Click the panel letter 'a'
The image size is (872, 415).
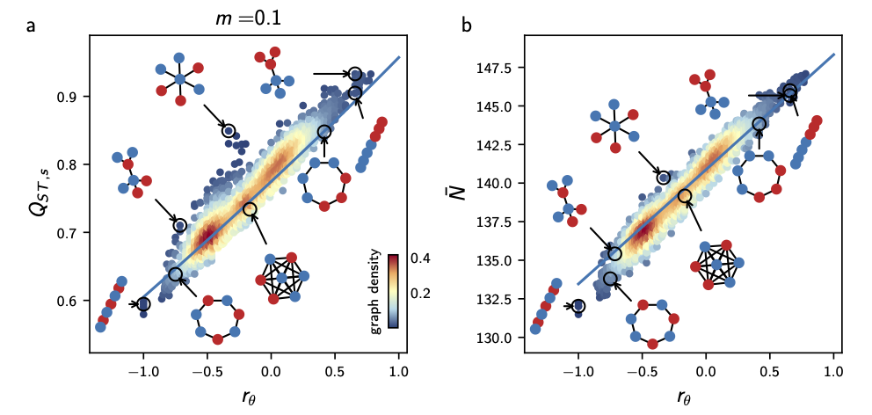coord(32,26)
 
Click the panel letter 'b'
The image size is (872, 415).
coord(466,26)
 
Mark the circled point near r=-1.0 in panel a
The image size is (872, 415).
coord(143,304)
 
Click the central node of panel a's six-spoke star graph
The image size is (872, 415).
coord(179,79)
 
